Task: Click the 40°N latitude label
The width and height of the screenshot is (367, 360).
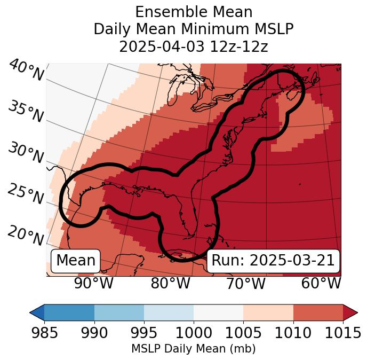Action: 26,71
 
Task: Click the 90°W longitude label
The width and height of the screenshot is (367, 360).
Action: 94,283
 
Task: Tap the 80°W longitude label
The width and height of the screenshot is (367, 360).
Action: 170,283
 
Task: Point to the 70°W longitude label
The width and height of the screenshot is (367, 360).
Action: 245,283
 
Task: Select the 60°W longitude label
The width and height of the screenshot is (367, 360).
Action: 321,283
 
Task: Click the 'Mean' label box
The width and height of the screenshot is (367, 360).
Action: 76,261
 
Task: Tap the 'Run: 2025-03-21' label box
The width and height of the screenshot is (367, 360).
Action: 273,261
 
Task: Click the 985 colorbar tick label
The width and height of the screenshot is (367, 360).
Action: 44,333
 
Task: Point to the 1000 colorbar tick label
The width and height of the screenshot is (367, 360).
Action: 194,333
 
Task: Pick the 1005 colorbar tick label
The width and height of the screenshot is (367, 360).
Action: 243,333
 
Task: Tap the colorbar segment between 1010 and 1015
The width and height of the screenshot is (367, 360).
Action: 318,312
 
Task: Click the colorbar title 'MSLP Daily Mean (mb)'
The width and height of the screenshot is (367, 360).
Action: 194,349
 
